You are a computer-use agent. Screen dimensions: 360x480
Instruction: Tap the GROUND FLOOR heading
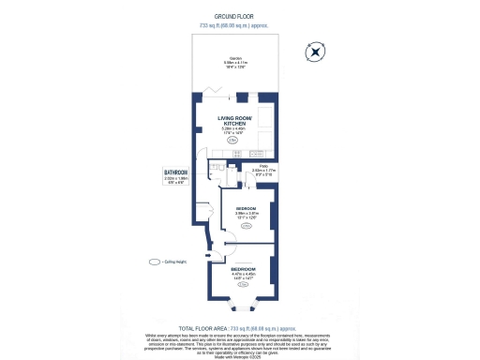pyautogui.click(x=239, y=17)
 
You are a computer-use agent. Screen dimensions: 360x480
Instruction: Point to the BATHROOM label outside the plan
pyautogui.click(x=176, y=172)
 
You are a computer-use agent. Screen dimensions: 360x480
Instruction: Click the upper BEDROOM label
pyautogui.click(x=247, y=207)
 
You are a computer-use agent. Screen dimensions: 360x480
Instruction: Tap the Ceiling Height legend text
pyautogui.click(x=176, y=262)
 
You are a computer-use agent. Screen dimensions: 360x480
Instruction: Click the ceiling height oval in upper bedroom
pyautogui.click(x=247, y=226)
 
